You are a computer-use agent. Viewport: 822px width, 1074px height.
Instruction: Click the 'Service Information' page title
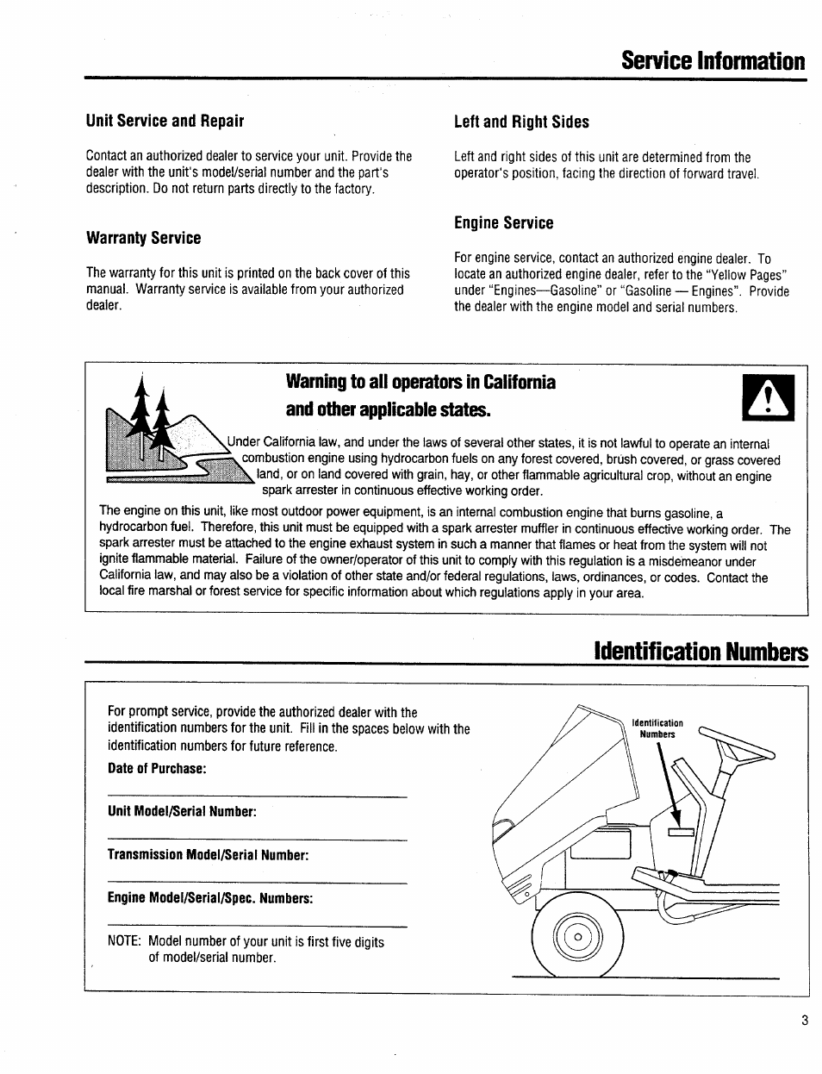pos(713,61)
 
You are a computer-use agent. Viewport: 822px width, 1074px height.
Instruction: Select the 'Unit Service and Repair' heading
pos(165,121)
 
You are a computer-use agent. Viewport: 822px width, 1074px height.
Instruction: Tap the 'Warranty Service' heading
pos(143,238)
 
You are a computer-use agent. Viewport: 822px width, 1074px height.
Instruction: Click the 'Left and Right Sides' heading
pos(521,122)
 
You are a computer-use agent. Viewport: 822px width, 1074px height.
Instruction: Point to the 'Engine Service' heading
pos(503,223)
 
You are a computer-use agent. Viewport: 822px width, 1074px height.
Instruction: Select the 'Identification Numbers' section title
pos(701,652)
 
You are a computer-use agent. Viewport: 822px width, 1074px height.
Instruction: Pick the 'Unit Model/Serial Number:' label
pos(183,812)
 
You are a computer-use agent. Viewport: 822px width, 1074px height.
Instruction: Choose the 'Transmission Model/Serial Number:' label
pos(208,855)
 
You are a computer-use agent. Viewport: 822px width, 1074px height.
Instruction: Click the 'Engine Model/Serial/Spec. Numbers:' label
pos(210,899)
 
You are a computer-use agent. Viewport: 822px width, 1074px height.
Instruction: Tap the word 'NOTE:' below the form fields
pos(125,942)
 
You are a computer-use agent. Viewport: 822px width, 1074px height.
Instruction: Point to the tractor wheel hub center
pos(577,938)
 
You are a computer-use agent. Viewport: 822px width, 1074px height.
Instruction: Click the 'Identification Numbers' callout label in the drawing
pos(657,728)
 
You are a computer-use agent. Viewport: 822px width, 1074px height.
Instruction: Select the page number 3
pos(804,1021)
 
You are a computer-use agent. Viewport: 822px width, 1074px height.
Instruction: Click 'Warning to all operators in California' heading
pos(408,382)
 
